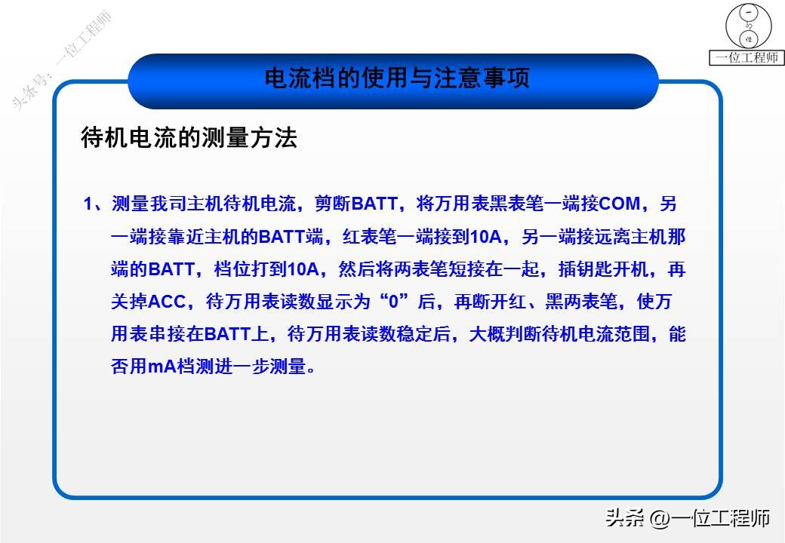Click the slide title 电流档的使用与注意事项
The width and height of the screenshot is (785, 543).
click(x=396, y=78)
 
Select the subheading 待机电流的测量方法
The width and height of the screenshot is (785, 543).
click(x=189, y=138)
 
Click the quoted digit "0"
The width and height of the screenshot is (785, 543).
click(x=392, y=302)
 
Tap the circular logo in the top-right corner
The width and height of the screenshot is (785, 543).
click(x=750, y=26)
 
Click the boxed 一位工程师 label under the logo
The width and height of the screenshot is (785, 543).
click(x=748, y=58)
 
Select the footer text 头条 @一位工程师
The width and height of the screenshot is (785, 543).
click(x=688, y=518)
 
